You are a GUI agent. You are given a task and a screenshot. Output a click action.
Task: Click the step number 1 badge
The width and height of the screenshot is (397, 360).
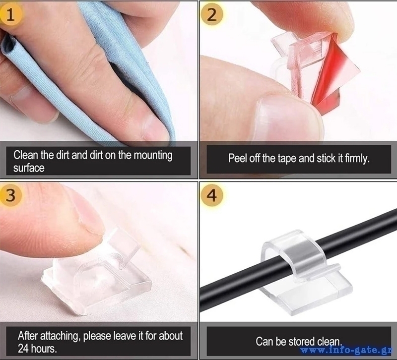point(10,15)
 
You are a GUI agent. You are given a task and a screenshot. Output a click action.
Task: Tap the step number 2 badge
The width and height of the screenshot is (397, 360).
point(212,15)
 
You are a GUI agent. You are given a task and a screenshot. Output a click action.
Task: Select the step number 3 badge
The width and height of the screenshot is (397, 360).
point(10,195)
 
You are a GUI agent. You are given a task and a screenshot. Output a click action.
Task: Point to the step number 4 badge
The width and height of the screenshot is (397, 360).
point(212,195)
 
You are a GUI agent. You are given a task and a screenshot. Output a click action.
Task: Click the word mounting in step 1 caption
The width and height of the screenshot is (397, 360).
point(153,155)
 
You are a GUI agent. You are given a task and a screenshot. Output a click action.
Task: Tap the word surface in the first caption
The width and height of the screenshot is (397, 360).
point(29,168)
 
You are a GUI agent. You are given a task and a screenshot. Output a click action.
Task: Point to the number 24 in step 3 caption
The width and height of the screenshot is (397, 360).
point(23,349)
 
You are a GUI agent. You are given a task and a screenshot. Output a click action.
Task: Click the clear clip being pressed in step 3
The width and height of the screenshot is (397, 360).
point(96,273)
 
